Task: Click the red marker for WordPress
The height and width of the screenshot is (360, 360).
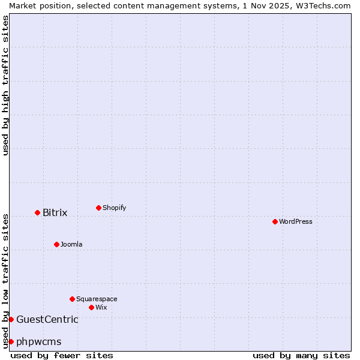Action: tap(275, 221)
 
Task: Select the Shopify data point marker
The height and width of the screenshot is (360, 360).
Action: tap(98, 208)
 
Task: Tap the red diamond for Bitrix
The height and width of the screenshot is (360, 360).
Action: tap(37, 212)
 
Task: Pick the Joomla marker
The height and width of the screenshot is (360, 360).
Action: tap(56, 244)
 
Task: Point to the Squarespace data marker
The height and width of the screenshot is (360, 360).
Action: tap(72, 299)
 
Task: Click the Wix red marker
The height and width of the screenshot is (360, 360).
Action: tap(91, 307)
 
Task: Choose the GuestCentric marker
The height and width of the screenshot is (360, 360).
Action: tap(11, 319)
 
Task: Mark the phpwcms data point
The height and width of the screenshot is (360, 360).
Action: tap(11, 341)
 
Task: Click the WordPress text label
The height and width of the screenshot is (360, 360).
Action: tap(296, 221)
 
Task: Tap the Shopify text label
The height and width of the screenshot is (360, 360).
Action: tap(115, 208)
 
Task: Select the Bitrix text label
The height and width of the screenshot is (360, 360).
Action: tap(55, 212)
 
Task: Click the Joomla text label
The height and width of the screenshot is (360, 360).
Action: tap(71, 244)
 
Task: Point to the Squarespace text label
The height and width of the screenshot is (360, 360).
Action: tap(97, 299)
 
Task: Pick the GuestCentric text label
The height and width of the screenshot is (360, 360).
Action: tap(47, 319)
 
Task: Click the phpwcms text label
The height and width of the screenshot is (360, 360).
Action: tap(39, 341)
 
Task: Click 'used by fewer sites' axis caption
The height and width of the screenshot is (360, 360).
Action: tap(62, 355)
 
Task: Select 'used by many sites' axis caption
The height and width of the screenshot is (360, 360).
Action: tap(301, 355)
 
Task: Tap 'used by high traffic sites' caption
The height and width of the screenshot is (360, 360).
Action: tap(6, 85)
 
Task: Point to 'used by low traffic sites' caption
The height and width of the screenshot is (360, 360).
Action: tap(6, 280)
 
